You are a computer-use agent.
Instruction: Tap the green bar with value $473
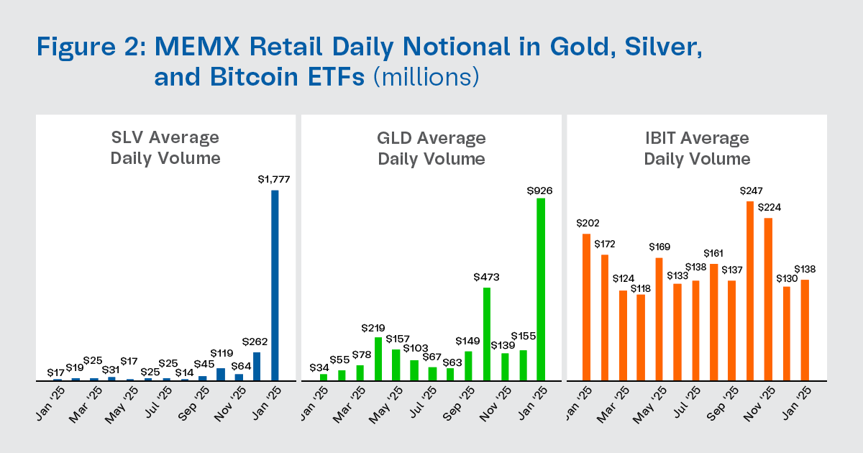pos(486,334)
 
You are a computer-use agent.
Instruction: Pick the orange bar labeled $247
pos(750,290)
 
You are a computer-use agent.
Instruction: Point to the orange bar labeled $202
pos(587,307)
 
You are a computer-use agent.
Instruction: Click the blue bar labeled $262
pos(257,366)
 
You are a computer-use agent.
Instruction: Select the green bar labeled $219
pos(378,358)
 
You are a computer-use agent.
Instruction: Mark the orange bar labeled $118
pos(641,337)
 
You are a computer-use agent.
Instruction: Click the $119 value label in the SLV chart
pos(221,354)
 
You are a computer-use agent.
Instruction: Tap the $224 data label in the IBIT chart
pos(768,207)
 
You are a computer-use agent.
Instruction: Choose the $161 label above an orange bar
pos(713,254)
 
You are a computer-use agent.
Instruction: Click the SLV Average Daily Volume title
pos(165,147)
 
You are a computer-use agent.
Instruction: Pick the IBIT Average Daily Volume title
pos(697,147)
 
